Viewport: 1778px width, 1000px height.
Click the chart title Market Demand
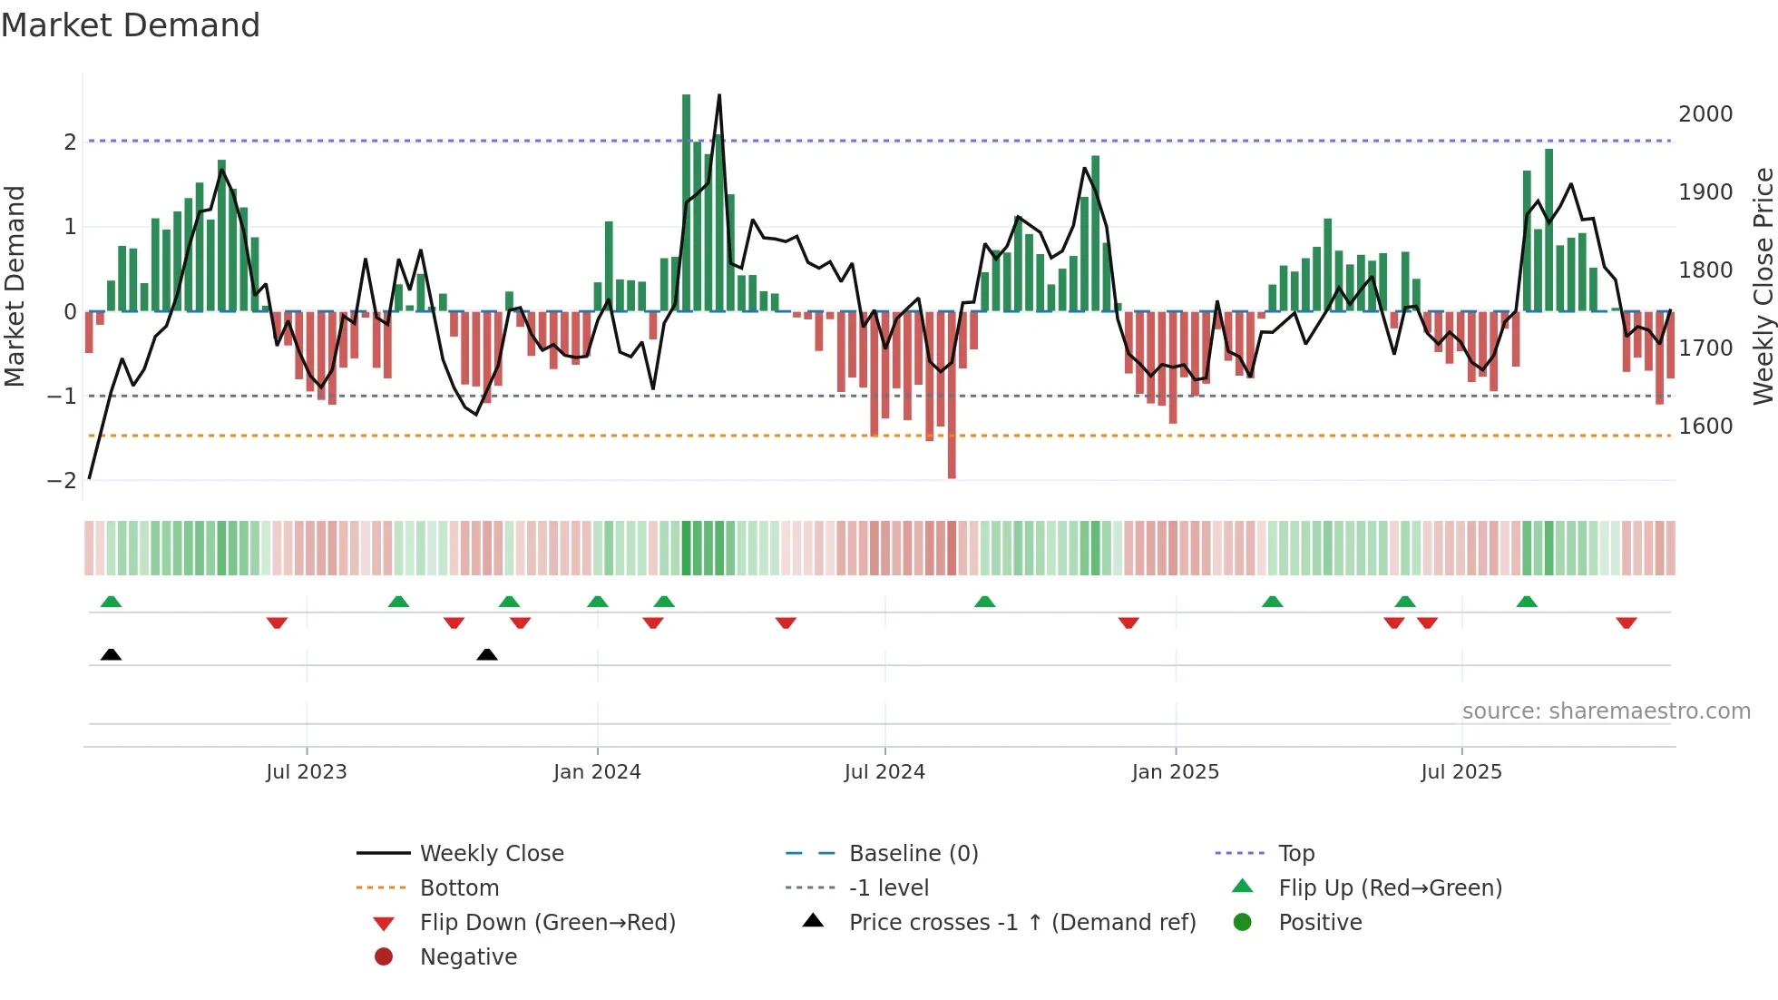pyautogui.click(x=131, y=25)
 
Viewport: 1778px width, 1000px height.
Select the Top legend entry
pyautogui.click(x=1295, y=853)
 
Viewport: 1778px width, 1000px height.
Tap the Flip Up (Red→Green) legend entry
pyautogui.click(x=1390, y=887)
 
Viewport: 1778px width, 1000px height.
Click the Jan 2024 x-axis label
pyautogui.click(x=597, y=772)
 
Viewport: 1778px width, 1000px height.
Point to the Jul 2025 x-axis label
pyautogui.click(x=1461, y=772)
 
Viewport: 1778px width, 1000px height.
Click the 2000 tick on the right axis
pyautogui.click(x=1705, y=114)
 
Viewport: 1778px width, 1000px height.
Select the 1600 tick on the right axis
pyautogui.click(x=1705, y=426)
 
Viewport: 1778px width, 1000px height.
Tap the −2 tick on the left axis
pyautogui.click(x=63, y=481)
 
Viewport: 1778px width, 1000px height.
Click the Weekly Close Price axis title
pyautogui.click(x=1763, y=286)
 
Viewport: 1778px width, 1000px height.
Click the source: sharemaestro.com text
pyautogui.click(x=1606, y=711)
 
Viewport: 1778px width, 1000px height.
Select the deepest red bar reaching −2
pyautogui.click(x=952, y=395)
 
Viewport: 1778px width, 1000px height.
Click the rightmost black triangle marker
pyautogui.click(x=487, y=654)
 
